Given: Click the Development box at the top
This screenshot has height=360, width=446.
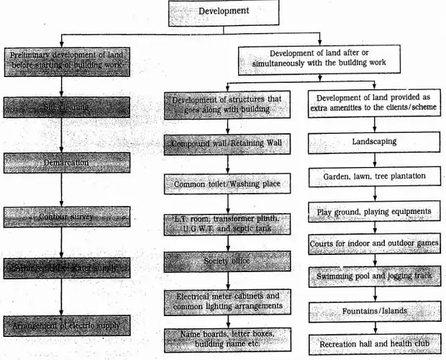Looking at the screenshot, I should coord(223,12).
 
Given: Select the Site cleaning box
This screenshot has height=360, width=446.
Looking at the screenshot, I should coord(67,107).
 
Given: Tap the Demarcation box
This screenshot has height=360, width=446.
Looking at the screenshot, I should coord(67,163).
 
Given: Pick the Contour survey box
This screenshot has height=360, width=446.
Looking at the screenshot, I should coord(67,216).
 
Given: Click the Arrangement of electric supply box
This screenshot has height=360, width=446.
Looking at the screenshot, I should coord(67,325).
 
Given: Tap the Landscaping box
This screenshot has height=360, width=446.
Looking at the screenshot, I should coord(373,142).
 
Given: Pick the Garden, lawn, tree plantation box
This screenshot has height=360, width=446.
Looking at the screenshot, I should coord(373,175).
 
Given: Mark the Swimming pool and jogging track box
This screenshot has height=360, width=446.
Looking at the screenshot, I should coord(373,276).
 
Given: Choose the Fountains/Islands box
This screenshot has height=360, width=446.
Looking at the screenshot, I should coord(373,311).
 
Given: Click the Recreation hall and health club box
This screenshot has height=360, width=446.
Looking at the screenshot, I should coord(373,344).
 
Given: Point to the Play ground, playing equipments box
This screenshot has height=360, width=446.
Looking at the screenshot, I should coord(373,212).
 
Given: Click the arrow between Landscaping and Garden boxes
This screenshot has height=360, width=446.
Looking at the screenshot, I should coord(373,159).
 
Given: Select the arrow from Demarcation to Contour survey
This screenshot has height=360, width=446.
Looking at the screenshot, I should coord(61,190).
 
